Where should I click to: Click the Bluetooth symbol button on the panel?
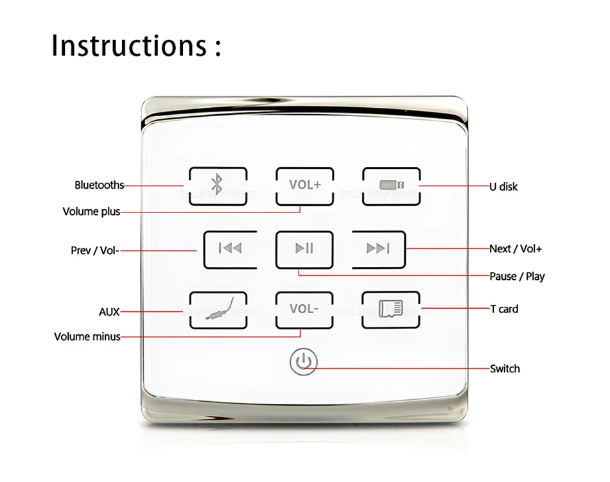(x=218, y=186)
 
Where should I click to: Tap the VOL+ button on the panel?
(x=305, y=185)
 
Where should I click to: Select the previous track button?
(x=230, y=249)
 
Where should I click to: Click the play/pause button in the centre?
(x=305, y=249)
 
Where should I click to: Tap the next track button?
(x=378, y=249)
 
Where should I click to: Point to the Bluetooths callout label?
(x=99, y=185)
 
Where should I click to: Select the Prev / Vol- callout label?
(x=94, y=250)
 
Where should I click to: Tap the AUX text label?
(x=109, y=312)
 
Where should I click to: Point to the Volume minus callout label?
(x=87, y=336)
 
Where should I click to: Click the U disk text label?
(x=503, y=187)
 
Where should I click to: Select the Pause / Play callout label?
(x=517, y=276)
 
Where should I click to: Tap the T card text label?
(x=504, y=309)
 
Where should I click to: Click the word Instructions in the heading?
(x=128, y=46)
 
